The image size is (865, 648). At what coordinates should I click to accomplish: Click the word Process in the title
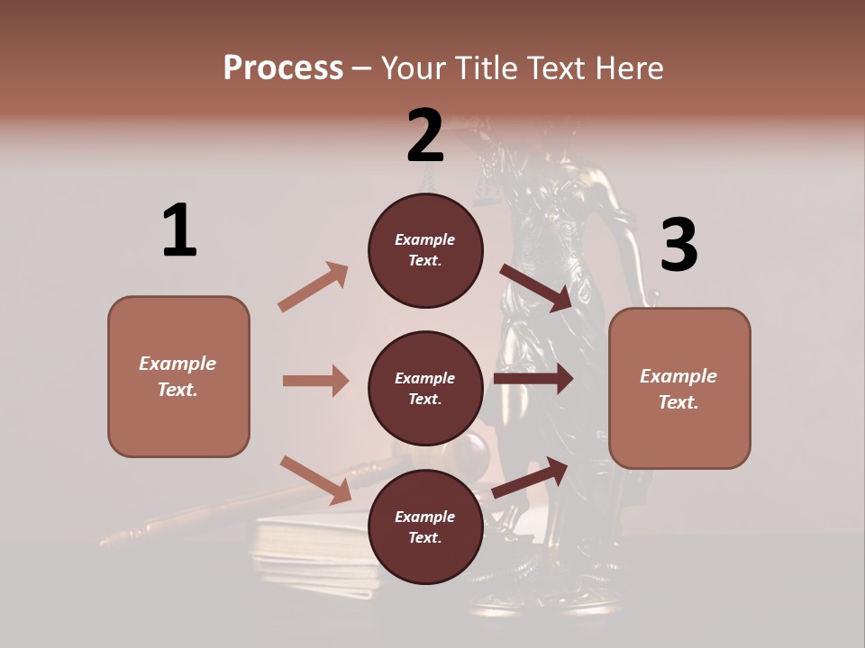click(x=283, y=67)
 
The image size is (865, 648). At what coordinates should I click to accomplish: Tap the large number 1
click(x=179, y=230)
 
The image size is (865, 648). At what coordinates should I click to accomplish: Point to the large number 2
click(x=424, y=135)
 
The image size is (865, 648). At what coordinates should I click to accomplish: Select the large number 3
click(x=678, y=246)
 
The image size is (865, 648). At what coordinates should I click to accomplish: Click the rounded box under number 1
click(x=178, y=376)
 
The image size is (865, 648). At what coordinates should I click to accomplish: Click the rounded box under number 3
click(x=679, y=389)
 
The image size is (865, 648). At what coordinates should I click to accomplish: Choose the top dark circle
click(x=425, y=250)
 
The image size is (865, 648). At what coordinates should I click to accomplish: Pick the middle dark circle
click(x=425, y=388)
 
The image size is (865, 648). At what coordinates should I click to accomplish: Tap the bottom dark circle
click(x=425, y=526)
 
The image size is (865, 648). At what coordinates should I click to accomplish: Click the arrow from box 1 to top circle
click(x=314, y=286)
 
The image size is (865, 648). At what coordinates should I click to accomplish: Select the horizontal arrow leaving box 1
click(x=315, y=381)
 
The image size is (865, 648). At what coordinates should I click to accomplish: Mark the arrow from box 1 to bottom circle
click(x=315, y=480)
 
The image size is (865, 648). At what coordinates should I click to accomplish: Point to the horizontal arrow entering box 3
click(x=533, y=379)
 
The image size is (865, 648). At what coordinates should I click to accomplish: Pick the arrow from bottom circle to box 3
click(x=532, y=477)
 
